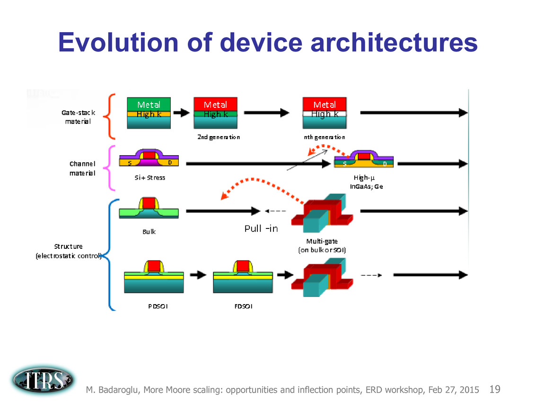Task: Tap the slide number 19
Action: [495, 390]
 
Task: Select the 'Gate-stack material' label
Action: [79, 117]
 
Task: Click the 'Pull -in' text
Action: [261, 228]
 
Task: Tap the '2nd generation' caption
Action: [219, 137]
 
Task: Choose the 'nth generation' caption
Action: [324, 137]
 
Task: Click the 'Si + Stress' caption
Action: [149, 178]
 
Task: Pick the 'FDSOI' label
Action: [243, 306]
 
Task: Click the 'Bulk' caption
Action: [149, 232]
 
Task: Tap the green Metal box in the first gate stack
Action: [149, 105]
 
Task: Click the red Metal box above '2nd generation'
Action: [215, 104]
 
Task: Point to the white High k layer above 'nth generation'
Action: [325, 114]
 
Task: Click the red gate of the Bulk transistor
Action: [149, 203]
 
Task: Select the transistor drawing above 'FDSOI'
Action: [243, 276]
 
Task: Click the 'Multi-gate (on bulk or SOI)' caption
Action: [322, 246]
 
